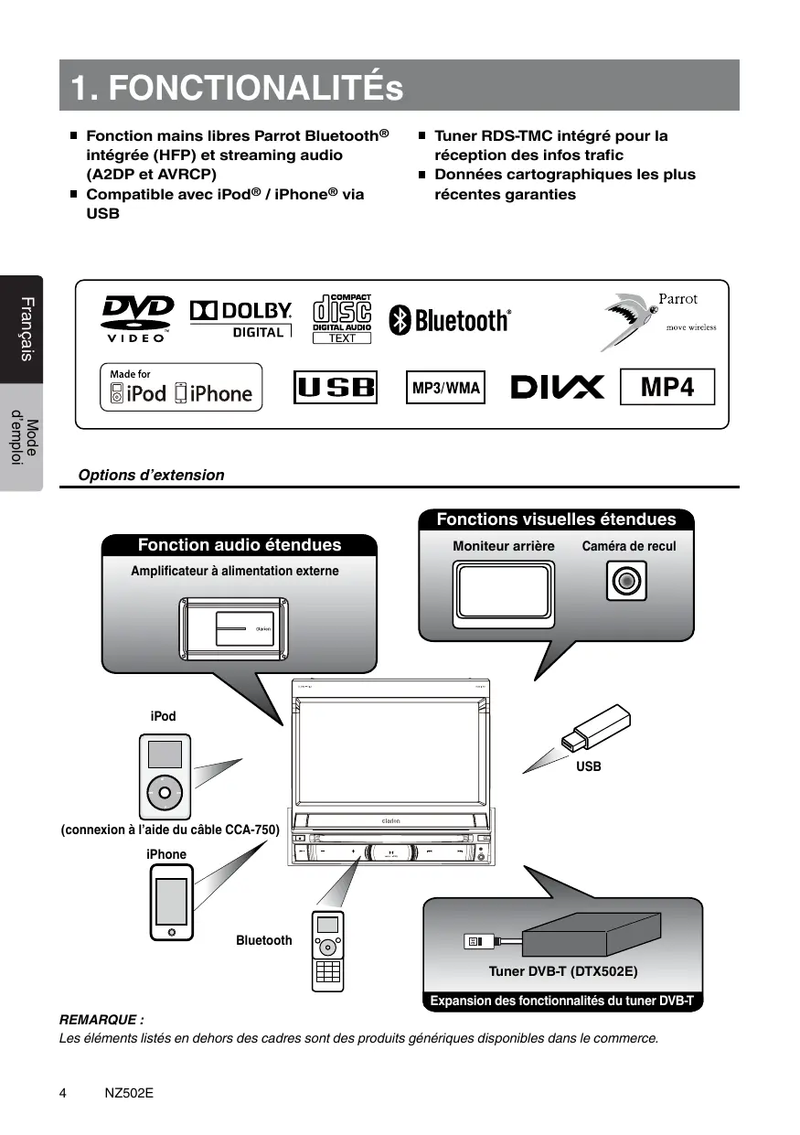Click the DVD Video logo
(137, 317)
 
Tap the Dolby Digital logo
(241, 318)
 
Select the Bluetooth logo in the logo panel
(450, 320)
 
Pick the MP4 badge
(667, 388)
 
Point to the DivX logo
(557, 388)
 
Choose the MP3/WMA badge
(445, 388)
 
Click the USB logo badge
(336, 388)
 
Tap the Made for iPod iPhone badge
(181, 388)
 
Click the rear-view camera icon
(626, 581)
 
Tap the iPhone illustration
(171, 902)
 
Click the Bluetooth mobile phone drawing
(328, 951)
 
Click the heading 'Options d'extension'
(151, 476)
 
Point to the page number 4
(62, 1093)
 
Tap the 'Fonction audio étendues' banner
(240, 545)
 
